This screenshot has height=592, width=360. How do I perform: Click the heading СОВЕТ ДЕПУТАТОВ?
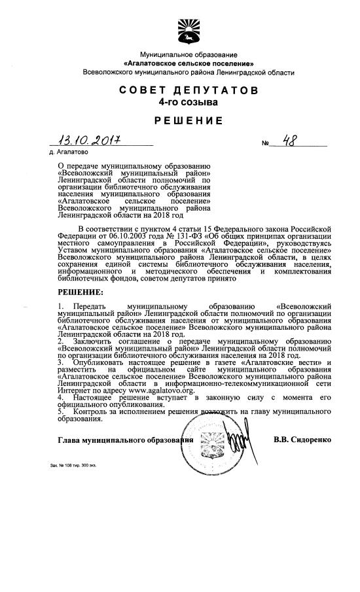click(189, 90)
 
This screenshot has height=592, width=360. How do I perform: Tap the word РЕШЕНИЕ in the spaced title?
click(189, 121)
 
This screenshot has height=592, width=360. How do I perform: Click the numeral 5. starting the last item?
click(61, 412)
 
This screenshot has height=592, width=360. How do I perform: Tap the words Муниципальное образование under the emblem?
click(189, 54)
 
